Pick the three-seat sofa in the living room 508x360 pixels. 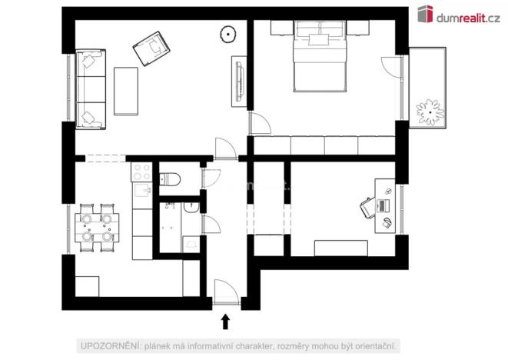tap(90, 88)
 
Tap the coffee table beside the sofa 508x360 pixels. tap(125, 87)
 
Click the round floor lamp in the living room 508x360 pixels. tap(228, 34)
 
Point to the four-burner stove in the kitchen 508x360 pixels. tap(141, 172)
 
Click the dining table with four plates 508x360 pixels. tap(96, 228)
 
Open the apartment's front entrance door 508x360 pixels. tap(224, 294)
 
